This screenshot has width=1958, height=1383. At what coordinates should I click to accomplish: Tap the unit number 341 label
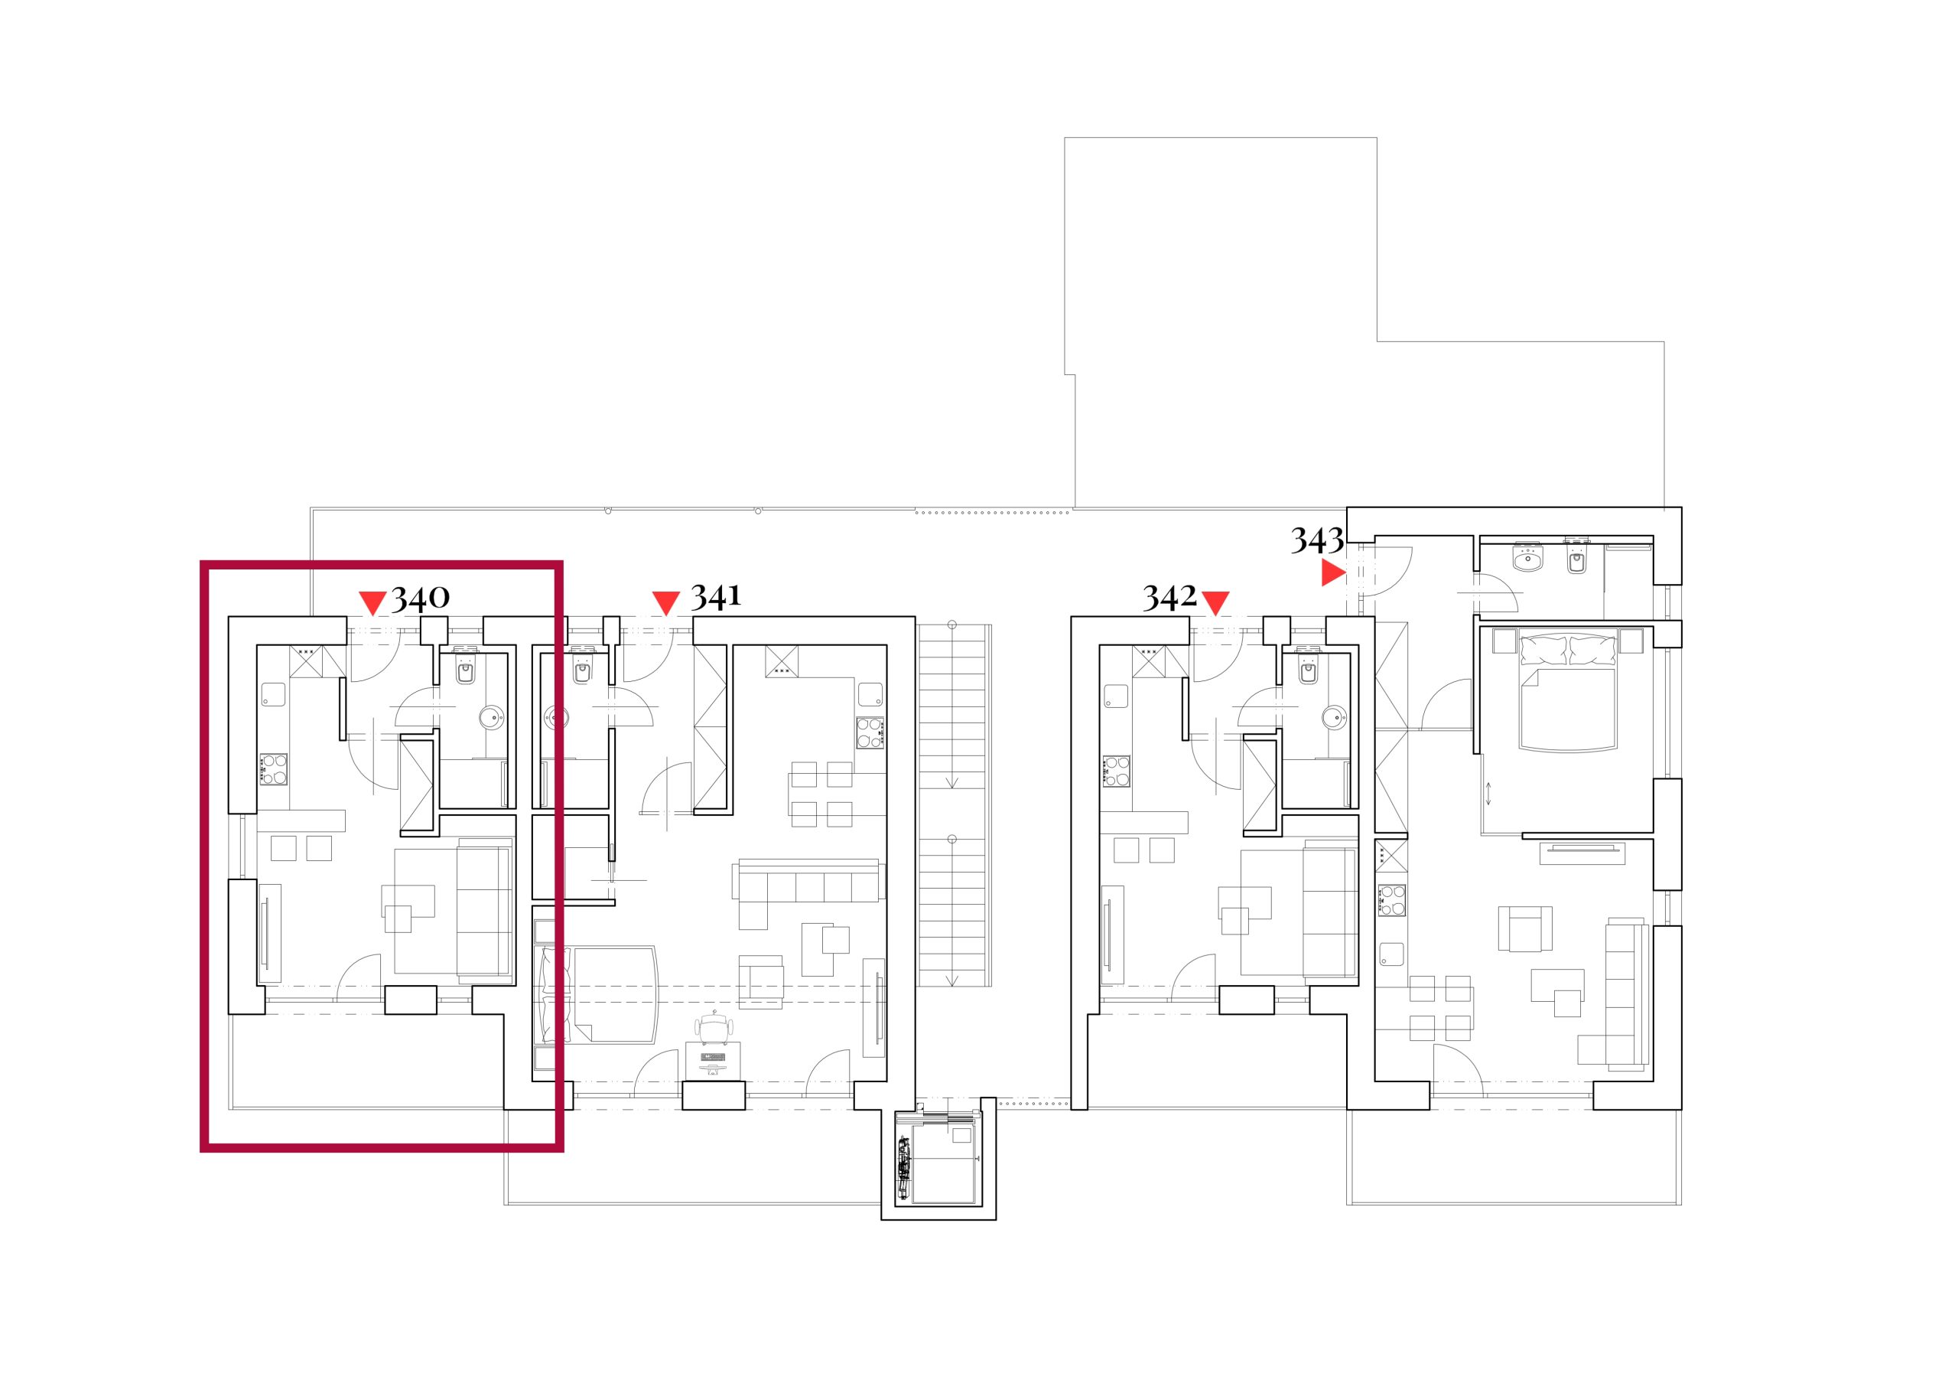click(715, 596)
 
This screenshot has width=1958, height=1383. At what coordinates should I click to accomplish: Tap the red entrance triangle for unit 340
click(372, 603)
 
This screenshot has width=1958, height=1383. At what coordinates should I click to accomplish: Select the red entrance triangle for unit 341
click(665, 603)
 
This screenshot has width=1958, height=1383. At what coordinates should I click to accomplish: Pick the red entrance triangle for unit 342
click(1215, 603)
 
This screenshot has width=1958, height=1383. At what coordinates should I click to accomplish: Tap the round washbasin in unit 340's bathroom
click(491, 716)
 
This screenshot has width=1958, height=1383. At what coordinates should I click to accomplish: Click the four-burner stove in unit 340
click(274, 768)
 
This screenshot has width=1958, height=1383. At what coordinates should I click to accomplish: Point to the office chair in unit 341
click(714, 1028)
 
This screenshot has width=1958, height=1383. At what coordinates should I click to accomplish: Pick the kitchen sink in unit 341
click(870, 693)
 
